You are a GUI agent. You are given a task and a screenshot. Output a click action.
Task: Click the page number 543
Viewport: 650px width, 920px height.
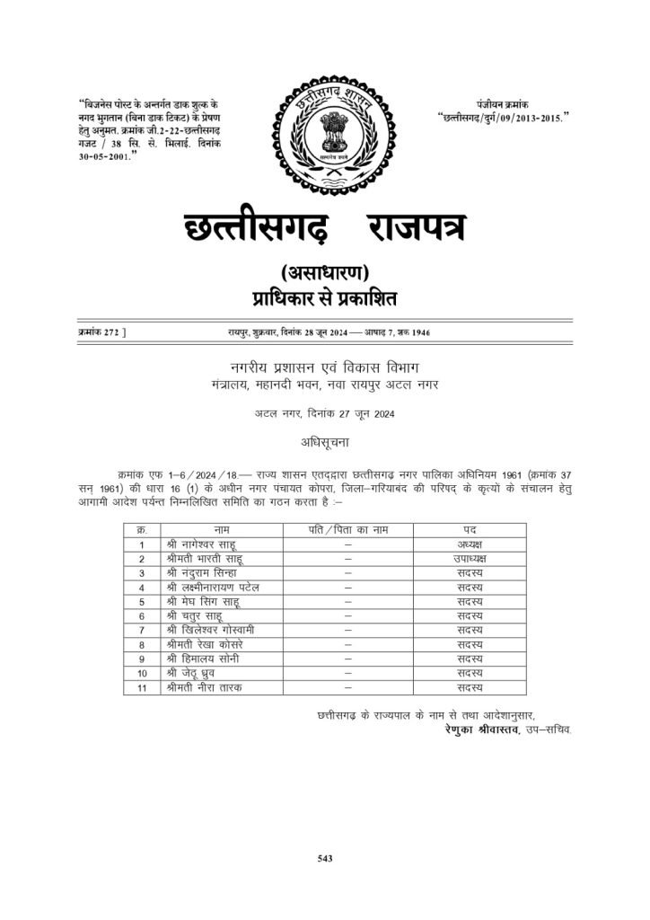pyautogui.click(x=325, y=859)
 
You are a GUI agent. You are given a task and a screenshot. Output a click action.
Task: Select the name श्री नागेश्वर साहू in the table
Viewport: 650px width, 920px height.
pyautogui.click(x=198, y=544)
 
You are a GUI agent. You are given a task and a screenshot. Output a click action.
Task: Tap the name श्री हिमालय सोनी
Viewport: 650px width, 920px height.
pyautogui.click(x=202, y=659)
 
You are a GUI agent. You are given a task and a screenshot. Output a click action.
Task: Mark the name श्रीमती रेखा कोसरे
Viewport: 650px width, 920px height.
pyautogui.click(x=205, y=644)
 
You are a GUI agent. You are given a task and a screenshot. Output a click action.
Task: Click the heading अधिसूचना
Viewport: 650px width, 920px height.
pyautogui.click(x=324, y=443)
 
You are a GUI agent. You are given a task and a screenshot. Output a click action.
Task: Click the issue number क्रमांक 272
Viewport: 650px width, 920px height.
pyautogui.click(x=98, y=332)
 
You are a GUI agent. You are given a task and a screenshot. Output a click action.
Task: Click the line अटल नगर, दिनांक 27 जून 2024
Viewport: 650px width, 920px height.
pyautogui.click(x=324, y=413)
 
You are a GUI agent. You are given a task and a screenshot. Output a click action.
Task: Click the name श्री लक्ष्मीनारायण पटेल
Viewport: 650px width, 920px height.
pyautogui.click(x=211, y=588)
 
